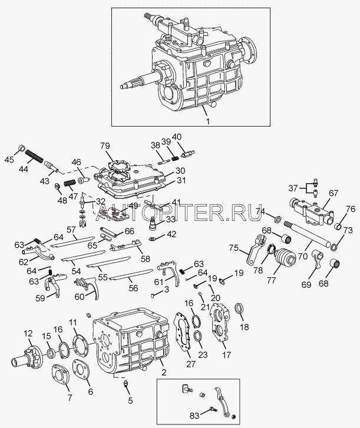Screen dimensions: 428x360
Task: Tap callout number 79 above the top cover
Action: [x=104, y=146]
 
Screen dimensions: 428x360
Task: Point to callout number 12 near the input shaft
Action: [x=28, y=334]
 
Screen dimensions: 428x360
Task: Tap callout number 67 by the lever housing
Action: [x=333, y=193]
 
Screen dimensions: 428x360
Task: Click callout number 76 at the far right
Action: [x=351, y=208]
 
